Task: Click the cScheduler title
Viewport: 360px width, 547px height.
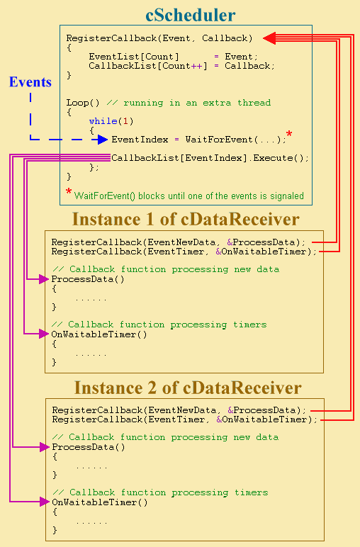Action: click(x=191, y=15)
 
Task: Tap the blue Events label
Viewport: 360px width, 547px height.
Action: click(x=30, y=81)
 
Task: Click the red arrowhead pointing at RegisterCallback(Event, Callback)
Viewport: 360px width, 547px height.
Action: click(x=269, y=38)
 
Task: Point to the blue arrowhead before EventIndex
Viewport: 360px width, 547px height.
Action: click(x=103, y=140)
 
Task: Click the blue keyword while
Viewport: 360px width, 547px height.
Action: click(x=103, y=121)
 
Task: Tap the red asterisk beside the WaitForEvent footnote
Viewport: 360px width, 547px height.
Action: click(x=69, y=191)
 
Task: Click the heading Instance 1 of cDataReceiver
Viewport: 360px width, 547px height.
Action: click(x=186, y=219)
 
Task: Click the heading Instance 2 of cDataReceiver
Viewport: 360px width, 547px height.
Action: click(x=188, y=388)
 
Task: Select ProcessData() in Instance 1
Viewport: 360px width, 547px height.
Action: click(x=88, y=279)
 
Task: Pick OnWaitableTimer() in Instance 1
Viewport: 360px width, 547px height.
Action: click(x=99, y=334)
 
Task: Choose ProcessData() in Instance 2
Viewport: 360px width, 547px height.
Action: click(x=89, y=447)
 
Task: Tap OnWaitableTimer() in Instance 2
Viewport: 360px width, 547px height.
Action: click(x=100, y=502)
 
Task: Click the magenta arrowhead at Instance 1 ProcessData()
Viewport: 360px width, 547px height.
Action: click(x=44, y=279)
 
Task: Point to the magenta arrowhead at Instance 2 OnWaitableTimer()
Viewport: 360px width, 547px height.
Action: click(x=45, y=502)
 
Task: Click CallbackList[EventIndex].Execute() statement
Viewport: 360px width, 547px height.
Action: click(x=210, y=158)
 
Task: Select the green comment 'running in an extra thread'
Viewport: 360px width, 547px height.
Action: click(x=197, y=103)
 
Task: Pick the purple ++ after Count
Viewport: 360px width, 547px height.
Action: click(x=196, y=66)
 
